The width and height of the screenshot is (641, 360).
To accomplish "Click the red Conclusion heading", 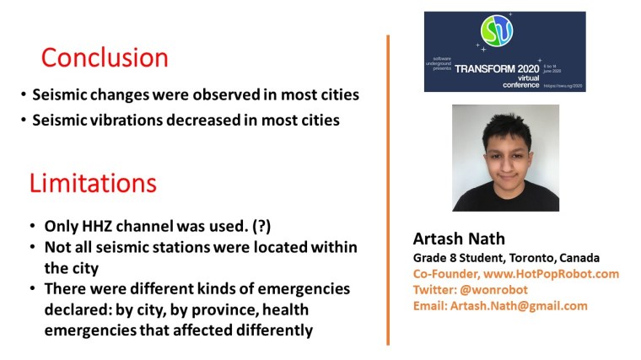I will pos(105,58).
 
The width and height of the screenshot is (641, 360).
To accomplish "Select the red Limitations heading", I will pos(93,184).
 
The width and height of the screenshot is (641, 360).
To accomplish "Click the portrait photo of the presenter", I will pos(504,158).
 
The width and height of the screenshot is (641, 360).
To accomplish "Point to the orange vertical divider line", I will pos(388,190).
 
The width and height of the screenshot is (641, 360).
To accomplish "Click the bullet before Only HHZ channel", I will pos(32,228).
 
